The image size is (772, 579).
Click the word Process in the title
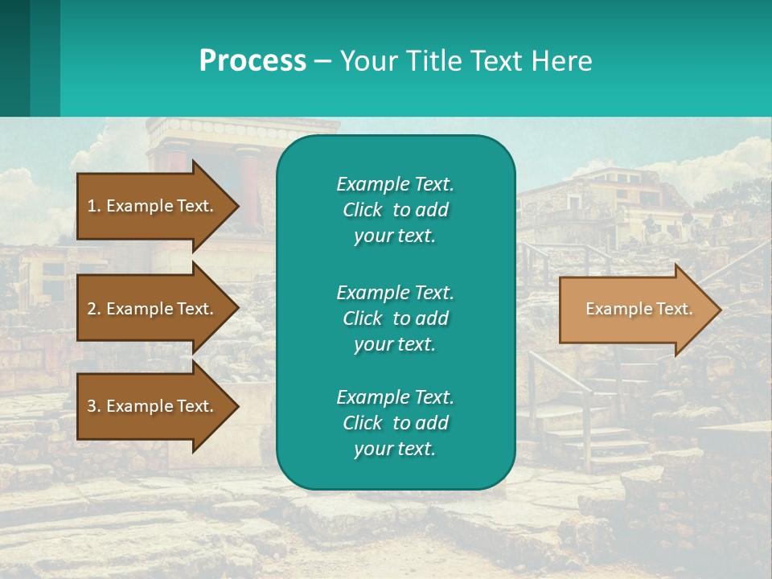tap(253, 61)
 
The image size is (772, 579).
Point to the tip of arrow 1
tap(236, 206)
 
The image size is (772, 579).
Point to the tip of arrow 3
tap(236, 406)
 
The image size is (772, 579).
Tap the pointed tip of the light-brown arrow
tap(718, 310)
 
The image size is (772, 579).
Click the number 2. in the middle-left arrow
tap(94, 309)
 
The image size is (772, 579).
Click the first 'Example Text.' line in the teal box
tap(395, 184)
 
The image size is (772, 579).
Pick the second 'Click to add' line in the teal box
tap(395, 318)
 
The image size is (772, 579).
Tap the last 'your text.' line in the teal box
tap(395, 449)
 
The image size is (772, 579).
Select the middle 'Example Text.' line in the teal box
tap(395, 292)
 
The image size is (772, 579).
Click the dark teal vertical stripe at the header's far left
tap(14, 58)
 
